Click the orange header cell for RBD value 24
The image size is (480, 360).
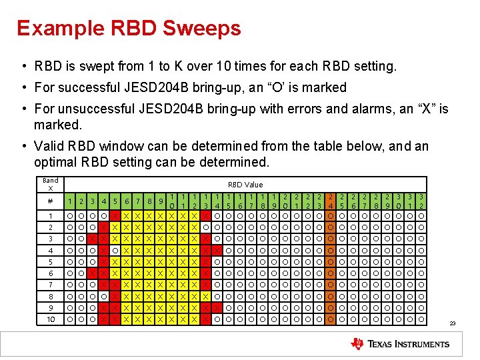point(331,201)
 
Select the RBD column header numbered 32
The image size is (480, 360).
point(421,201)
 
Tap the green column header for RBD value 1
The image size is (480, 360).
point(70,201)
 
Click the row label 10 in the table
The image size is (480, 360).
point(51,319)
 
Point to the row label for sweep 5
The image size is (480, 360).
point(51,261)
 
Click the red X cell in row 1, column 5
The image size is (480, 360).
point(115,215)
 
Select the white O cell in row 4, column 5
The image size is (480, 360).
point(115,250)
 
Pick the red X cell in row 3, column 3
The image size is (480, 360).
point(93,239)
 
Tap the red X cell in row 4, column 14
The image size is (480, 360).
point(217,250)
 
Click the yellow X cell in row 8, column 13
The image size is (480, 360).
point(206,296)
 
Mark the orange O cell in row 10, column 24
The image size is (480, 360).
point(331,319)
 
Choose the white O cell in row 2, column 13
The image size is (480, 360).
point(206,227)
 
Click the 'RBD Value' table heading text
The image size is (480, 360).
point(245,185)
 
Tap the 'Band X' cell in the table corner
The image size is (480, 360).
point(51,185)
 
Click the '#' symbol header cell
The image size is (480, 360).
point(51,201)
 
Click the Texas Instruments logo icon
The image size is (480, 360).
point(357,344)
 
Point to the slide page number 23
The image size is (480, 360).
point(452,323)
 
